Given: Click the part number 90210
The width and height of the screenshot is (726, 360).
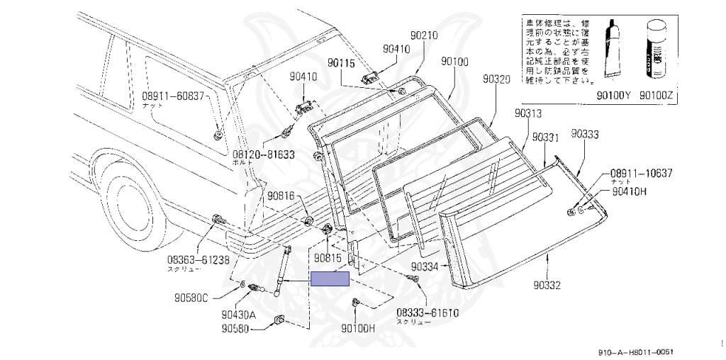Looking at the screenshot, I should click(x=424, y=35).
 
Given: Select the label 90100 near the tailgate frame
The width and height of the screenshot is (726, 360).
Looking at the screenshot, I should click(x=454, y=62).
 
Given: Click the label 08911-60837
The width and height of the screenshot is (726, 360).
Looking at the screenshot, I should click(x=173, y=96).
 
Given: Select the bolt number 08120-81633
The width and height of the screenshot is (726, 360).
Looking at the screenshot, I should click(x=264, y=153).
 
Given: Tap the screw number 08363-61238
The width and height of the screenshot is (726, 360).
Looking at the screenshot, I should click(x=198, y=260).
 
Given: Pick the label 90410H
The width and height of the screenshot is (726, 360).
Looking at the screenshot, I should click(x=631, y=191).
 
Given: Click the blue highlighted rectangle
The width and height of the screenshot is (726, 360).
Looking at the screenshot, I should click(x=330, y=279).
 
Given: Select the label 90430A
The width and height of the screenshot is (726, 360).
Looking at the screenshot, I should click(x=238, y=314).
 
